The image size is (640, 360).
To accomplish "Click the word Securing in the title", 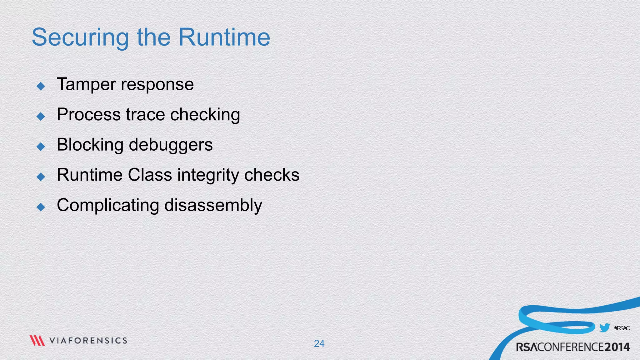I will (x=80, y=37).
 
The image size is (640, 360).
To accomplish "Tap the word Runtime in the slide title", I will (x=224, y=37).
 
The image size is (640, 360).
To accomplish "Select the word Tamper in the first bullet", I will (x=86, y=84).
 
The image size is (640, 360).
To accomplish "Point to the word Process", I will (x=89, y=114).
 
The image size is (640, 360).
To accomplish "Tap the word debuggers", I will (x=171, y=145).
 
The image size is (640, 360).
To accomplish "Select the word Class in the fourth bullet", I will (x=150, y=175).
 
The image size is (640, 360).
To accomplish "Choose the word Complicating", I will (x=108, y=205).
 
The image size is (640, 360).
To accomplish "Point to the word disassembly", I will (x=213, y=205).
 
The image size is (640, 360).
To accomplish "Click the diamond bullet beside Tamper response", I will (x=41, y=86).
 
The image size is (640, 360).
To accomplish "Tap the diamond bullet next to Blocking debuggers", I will (x=41, y=146).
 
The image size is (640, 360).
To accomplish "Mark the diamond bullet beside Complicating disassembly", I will (x=41, y=207).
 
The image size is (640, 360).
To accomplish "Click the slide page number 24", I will (x=319, y=343).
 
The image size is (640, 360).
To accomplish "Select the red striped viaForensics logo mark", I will (x=37, y=340).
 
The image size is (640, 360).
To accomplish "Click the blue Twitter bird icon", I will (x=605, y=328).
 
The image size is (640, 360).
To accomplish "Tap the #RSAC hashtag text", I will (x=622, y=328).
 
